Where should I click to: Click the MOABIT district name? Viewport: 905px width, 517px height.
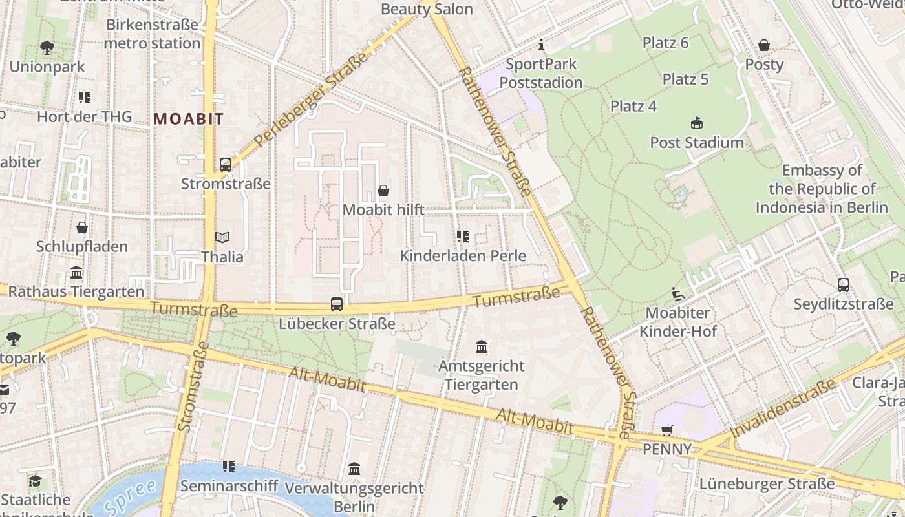(x=189, y=119)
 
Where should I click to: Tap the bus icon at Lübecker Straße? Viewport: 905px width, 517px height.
(x=336, y=304)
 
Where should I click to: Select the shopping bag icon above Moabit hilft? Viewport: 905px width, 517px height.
(x=383, y=191)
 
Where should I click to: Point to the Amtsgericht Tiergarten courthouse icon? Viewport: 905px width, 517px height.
(x=482, y=348)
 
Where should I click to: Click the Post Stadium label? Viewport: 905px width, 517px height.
(x=697, y=143)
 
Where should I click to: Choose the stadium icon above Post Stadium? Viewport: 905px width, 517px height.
(x=697, y=123)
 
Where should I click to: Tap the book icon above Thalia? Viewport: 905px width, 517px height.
(x=222, y=238)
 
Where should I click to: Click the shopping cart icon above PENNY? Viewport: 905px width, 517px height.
(x=667, y=430)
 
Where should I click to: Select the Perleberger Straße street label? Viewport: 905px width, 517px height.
(x=311, y=99)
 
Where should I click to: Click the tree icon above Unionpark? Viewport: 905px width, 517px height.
(x=47, y=47)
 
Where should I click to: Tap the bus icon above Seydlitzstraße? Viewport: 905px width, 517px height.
(x=843, y=284)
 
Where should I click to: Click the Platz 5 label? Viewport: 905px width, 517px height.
(x=685, y=79)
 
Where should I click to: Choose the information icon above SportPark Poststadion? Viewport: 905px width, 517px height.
(x=541, y=45)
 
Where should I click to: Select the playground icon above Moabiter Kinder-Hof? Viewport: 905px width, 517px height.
(x=678, y=294)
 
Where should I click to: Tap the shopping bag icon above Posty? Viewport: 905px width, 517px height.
(x=764, y=45)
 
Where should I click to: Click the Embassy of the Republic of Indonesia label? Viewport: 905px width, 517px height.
(x=822, y=189)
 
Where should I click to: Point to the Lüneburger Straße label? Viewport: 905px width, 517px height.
(x=767, y=483)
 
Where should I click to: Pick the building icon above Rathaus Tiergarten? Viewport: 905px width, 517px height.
(x=76, y=272)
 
